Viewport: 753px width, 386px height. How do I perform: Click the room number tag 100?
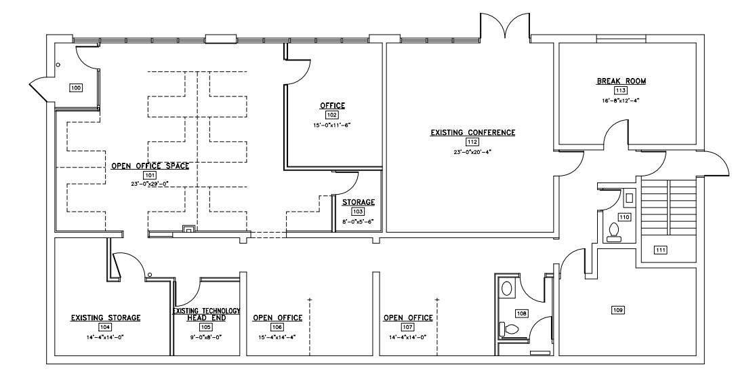pyautogui.click(x=76, y=88)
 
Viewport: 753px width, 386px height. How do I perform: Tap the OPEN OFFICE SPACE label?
pyautogui.click(x=150, y=166)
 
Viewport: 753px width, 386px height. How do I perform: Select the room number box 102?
pyautogui.click(x=332, y=115)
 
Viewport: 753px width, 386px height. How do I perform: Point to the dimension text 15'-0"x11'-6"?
pyautogui.click(x=332, y=125)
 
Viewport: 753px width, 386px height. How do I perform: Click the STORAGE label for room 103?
pyautogui.click(x=359, y=202)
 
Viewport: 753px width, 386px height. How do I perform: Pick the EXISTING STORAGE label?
pyautogui.click(x=106, y=317)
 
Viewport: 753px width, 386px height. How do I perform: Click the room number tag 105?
pyautogui.click(x=205, y=327)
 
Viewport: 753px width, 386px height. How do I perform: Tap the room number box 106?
pyautogui.click(x=277, y=327)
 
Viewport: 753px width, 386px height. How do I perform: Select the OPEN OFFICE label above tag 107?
pyautogui.click(x=408, y=317)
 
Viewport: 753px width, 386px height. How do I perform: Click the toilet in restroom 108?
pyautogui.click(x=510, y=329)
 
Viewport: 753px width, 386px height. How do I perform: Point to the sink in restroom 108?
pyautogui.click(x=506, y=289)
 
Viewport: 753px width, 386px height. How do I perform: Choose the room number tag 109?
pyautogui.click(x=618, y=310)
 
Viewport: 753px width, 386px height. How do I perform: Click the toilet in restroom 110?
pyautogui.click(x=613, y=232)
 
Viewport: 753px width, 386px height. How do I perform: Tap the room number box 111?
pyautogui.click(x=660, y=250)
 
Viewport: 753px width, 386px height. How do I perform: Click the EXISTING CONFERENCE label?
pyautogui.click(x=472, y=132)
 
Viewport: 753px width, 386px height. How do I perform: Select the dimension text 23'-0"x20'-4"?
pyautogui.click(x=472, y=151)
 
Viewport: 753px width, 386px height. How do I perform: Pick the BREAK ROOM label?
pyautogui.click(x=621, y=81)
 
